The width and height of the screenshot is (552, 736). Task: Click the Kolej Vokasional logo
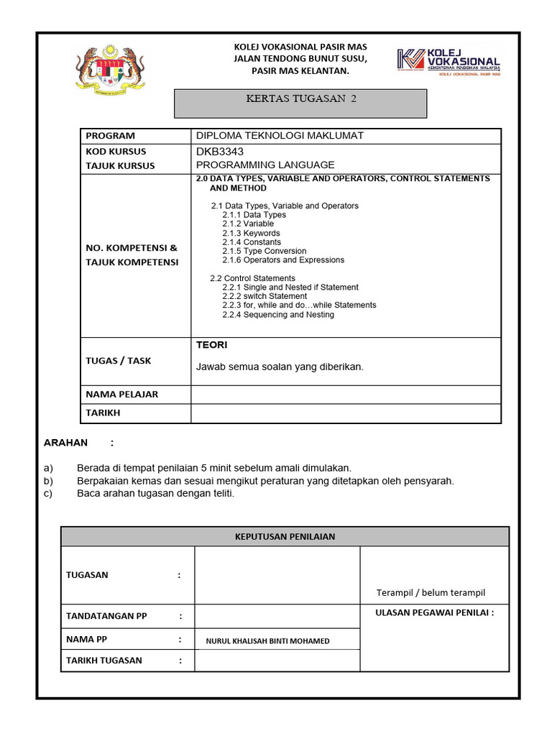pyautogui.click(x=448, y=62)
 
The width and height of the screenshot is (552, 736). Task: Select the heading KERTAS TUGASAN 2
pyautogui.click(x=301, y=99)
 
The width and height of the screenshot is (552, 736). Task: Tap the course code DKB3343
pyautogui.click(x=220, y=152)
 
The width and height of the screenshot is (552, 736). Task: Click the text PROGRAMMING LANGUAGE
pyautogui.click(x=265, y=165)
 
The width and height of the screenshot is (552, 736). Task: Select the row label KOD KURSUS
pyautogui.click(x=116, y=152)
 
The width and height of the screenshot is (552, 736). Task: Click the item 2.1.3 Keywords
pyautogui.click(x=251, y=233)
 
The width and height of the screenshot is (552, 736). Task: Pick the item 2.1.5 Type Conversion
pyautogui.click(x=264, y=251)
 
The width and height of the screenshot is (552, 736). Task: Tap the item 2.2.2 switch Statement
pyautogui.click(x=264, y=296)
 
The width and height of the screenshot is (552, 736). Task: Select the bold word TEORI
pyautogui.click(x=212, y=346)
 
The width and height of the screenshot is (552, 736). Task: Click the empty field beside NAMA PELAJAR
pyautogui.click(x=346, y=395)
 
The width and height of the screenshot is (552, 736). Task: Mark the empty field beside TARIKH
pyautogui.click(x=346, y=413)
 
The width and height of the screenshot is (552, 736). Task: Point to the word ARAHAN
pyautogui.click(x=66, y=443)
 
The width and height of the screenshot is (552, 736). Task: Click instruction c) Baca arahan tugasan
pyautogui.click(x=155, y=494)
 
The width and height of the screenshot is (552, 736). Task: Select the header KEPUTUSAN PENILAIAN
pyautogui.click(x=285, y=536)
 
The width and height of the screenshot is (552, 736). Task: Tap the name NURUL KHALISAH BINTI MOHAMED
pyautogui.click(x=267, y=640)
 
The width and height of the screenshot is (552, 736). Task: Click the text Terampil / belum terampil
pyautogui.click(x=431, y=593)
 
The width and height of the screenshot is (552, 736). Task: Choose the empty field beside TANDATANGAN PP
pyautogui.click(x=277, y=617)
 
